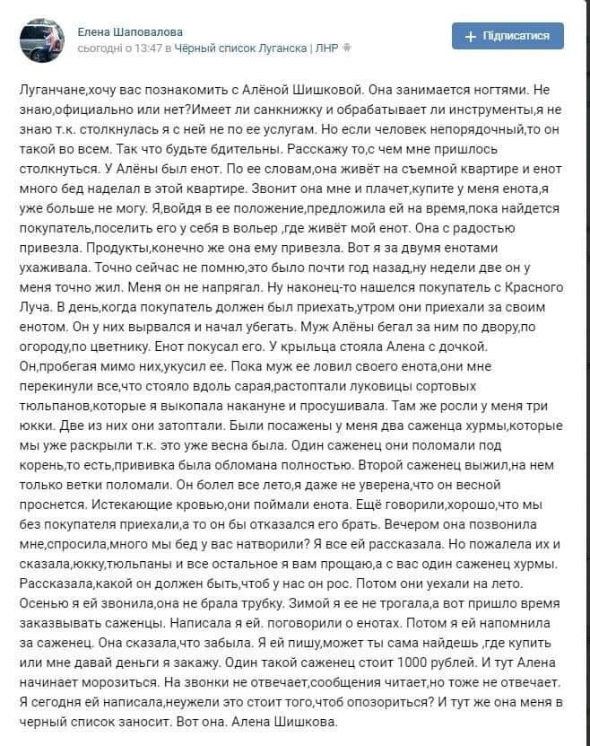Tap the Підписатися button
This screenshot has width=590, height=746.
coord(508,36)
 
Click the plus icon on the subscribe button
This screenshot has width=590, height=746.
coord(471,36)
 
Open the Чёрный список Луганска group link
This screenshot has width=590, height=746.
coord(240,47)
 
